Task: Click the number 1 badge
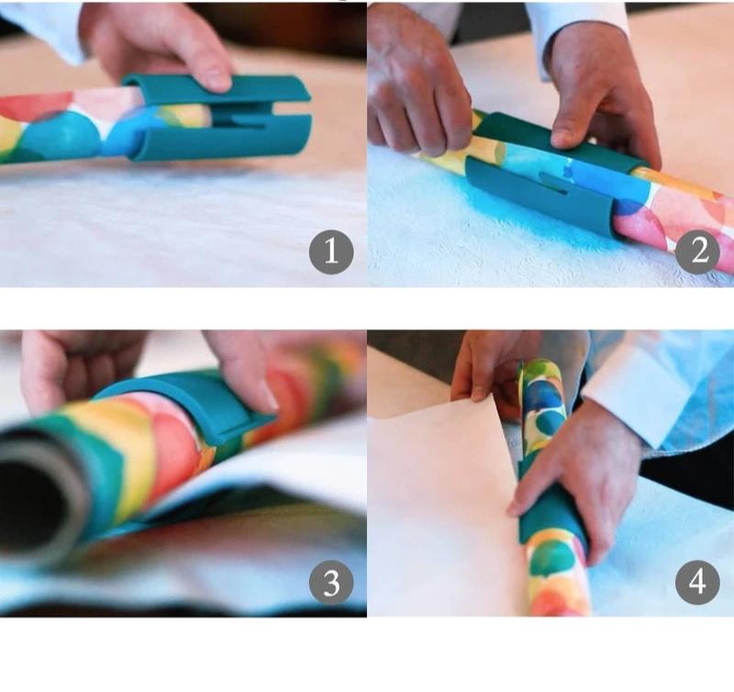(x=331, y=251)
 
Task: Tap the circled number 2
(x=698, y=251)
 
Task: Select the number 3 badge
(x=331, y=580)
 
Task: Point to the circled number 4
(x=698, y=580)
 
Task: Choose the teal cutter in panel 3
(x=197, y=404)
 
